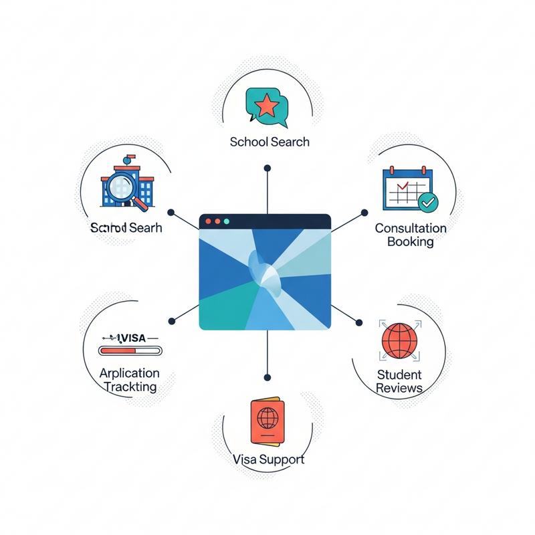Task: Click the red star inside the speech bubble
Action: pyautogui.click(x=267, y=105)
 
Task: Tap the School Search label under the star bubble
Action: pyautogui.click(x=270, y=142)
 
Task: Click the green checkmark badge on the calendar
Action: pyautogui.click(x=426, y=200)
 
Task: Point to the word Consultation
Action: pyautogui.click(x=410, y=228)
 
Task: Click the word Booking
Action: pyautogui.click(x=410, y=241)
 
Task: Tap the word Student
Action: pyautogui.click(x=399, y=374)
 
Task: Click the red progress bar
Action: pyautogui.click(x=130, y=350)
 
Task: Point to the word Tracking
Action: pyautogui.click(x=130, y=387)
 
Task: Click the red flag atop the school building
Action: pyautogui.click(x=128, y=159)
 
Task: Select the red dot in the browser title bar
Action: pyautogui.click(x=207, y=221)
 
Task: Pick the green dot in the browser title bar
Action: pyautogui.click(x=226, y=221)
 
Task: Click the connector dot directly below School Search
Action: pyautogui.click(x=267, y=168)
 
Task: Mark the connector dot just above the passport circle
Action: pyautogui.click(x=267, y=377)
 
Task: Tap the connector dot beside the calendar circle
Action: pyautogui.click(x=364, y=213)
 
